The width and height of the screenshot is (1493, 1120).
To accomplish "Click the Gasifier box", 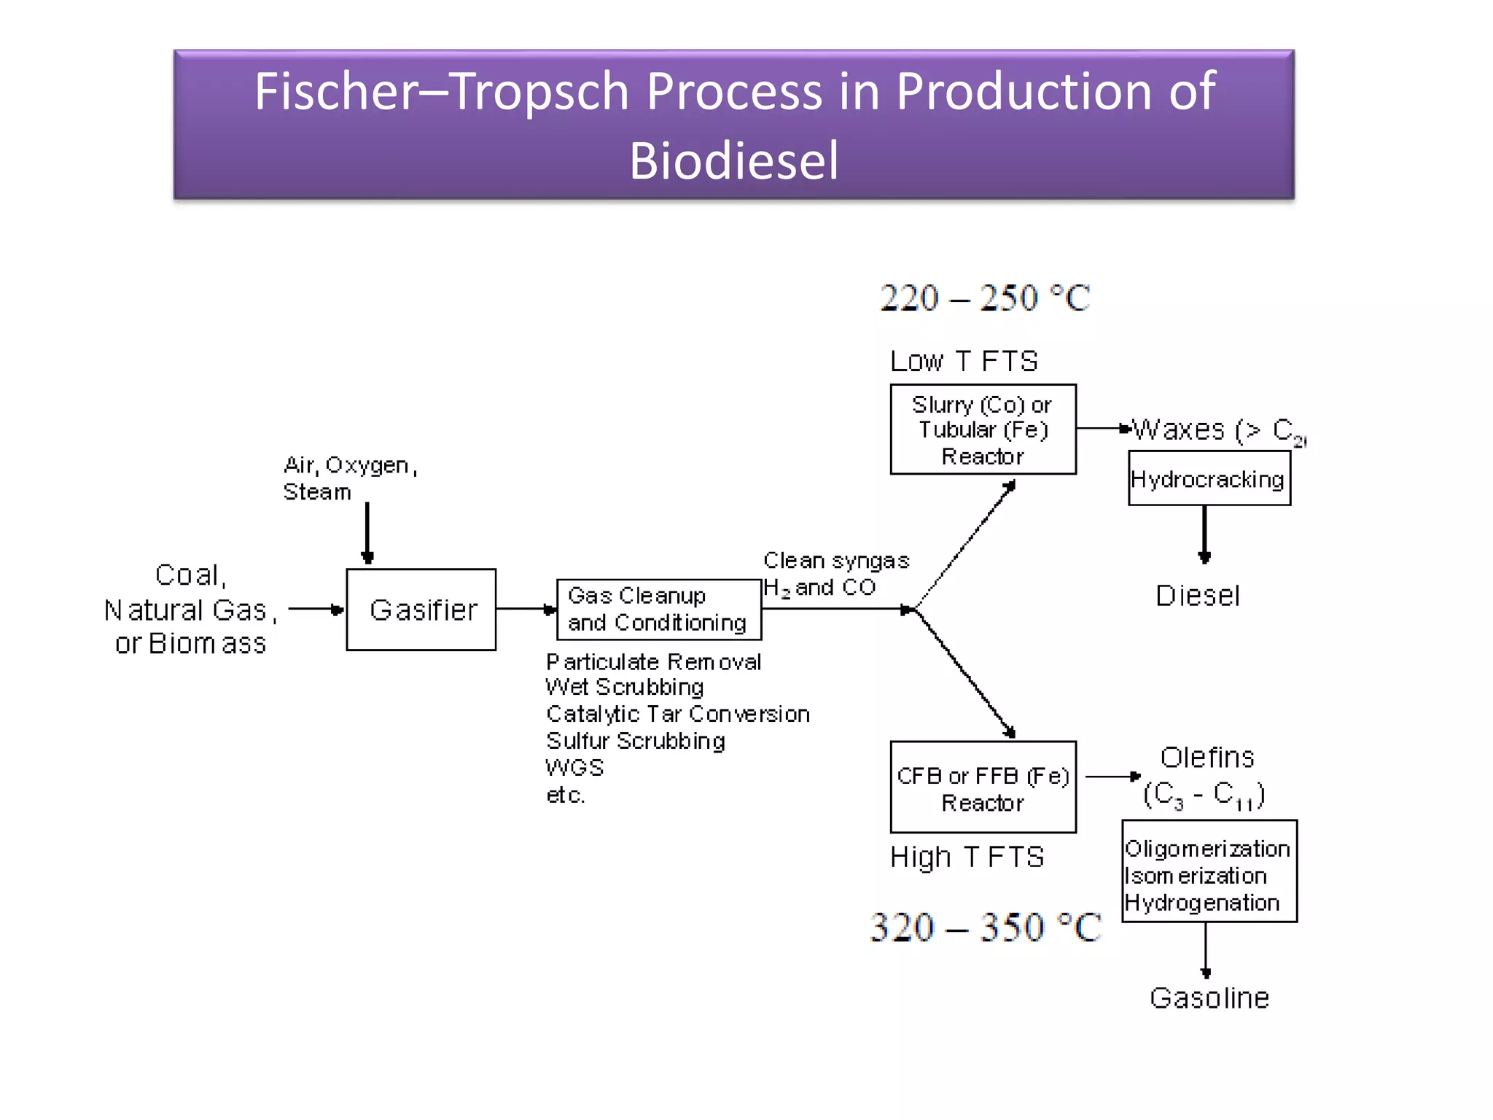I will click(x=421, y=610).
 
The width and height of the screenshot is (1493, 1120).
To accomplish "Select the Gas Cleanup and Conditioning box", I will click(x=658, y=610).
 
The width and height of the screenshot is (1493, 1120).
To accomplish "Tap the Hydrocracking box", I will click(x=1209, y=479).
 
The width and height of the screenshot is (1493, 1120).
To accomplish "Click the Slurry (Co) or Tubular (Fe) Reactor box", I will click(x=983, y=429).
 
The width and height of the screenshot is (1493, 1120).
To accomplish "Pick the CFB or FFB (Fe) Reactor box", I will click(x=983, y=787).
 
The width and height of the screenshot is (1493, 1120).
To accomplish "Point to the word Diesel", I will click(x=1197, y=596).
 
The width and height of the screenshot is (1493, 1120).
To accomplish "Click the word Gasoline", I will click(x=1209, y=997).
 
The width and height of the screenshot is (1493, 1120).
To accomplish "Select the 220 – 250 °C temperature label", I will click(x=984, y=297).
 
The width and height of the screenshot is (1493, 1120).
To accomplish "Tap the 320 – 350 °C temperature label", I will click(x=986, y=927).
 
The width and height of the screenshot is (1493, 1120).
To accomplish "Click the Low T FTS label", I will click(x=964, y=361).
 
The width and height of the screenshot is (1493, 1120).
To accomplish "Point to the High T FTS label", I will click(x=967, y=857).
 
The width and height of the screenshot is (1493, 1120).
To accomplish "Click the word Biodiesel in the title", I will click(x=733, y=160).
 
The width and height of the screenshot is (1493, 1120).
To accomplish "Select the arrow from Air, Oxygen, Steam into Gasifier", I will click(x=367, y=532).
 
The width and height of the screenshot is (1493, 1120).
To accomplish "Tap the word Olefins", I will click(x=1207, y=758).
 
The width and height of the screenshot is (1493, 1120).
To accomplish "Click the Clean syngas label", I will click(x=836, y=561).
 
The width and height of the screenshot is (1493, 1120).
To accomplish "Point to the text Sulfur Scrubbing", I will click(x=635, y=741).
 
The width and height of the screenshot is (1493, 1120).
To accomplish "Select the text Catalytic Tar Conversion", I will click(x=677, y=714).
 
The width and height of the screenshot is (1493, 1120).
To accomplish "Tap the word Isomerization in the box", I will click(x=1196, y=876).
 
